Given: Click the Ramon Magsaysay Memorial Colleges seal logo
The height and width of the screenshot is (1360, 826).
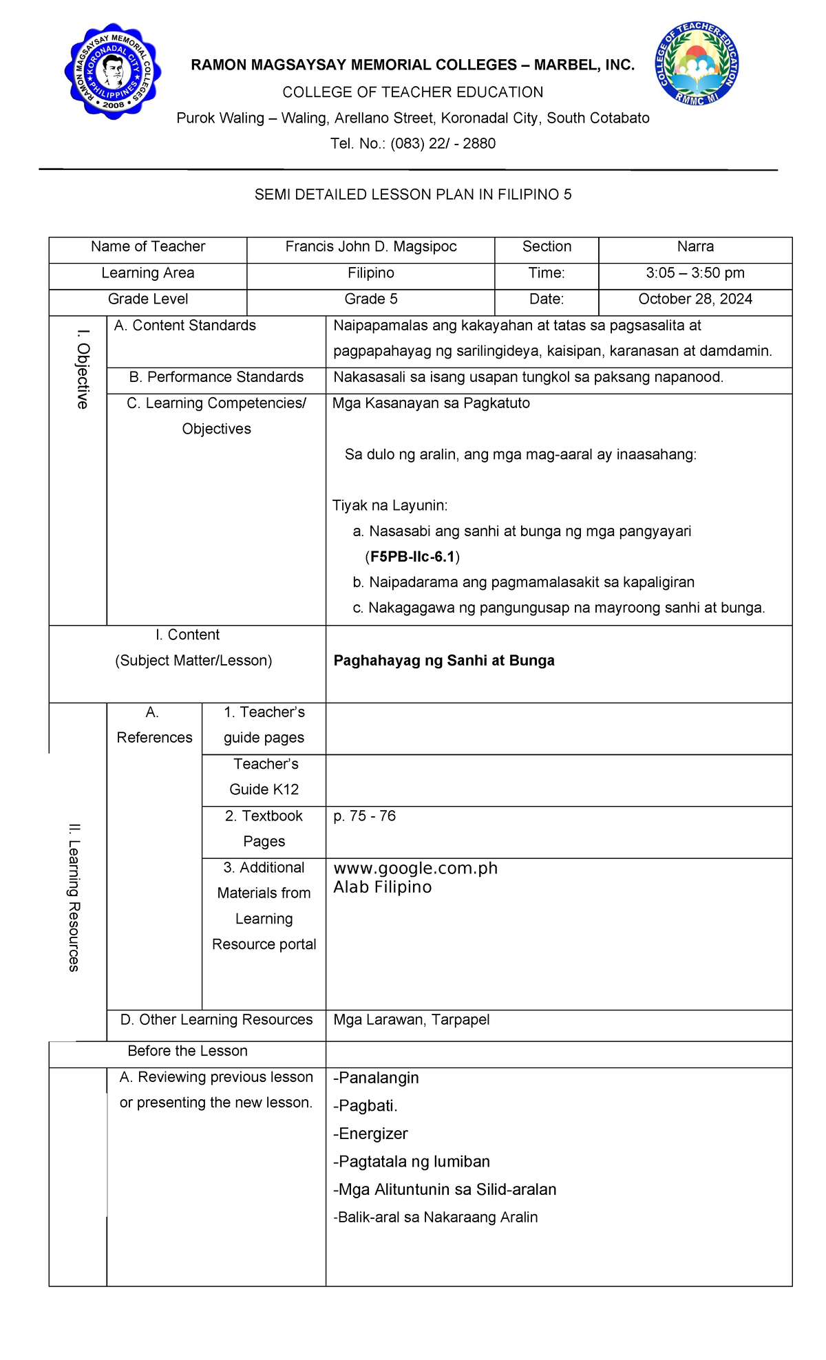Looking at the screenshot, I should pos(113,72).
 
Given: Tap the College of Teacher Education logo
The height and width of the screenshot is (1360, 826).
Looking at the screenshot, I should pos(697,64).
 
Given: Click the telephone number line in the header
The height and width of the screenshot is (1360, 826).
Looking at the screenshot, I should pos(412,144).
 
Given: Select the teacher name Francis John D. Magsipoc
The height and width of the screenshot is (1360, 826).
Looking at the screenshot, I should pos(371,247).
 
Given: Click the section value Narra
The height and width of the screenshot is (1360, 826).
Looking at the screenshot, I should pos(695,247).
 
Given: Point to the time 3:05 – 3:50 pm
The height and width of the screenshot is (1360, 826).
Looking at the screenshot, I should pos(695,273).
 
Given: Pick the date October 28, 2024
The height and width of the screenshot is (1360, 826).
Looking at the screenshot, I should pos(695,299).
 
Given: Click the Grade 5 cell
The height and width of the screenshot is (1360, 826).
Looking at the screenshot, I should pos(371,299).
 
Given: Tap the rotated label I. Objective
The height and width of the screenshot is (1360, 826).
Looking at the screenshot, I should pos(83,369).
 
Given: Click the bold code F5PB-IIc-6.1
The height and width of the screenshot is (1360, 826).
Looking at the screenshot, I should pos(412,557).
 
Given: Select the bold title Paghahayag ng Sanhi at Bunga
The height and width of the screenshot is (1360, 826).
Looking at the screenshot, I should pos(444,661).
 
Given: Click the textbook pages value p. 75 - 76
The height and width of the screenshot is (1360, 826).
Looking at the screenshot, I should pos(365,816).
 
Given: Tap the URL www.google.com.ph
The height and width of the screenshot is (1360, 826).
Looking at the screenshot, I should pos(415,869).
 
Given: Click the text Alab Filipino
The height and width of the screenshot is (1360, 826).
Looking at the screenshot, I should pos(383,887).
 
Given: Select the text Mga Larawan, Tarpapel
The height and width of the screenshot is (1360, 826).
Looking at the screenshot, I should pos(412,1020).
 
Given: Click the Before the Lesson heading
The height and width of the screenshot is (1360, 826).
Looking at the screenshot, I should pos(187,1051).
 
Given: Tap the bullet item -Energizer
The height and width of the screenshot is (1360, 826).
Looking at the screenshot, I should pos(370,1134).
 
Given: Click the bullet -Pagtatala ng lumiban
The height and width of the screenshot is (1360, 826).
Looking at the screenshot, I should pos(412,1162).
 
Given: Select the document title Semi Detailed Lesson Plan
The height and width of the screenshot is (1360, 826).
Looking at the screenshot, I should pos(412,195).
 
